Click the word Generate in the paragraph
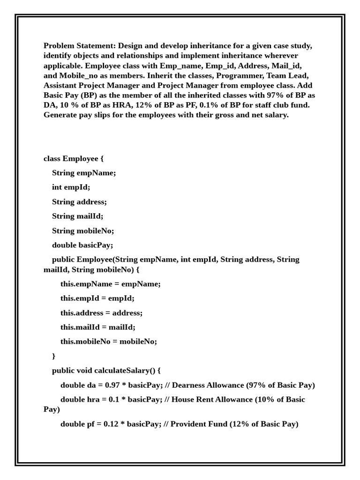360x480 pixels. click(60, 115)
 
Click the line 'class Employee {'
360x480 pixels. click(74, 158)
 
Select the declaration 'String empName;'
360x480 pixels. click(84, 173)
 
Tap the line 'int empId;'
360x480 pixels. click(71, 187)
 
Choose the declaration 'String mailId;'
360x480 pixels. click(77, 216)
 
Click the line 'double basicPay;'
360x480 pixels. click(82, 245)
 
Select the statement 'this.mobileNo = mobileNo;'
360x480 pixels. click(109, 341)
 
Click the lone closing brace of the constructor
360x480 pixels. click(54, 356)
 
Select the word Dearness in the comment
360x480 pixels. click(188, 385)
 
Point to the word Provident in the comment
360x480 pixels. click(188, 424)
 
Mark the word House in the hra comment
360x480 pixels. click(184, 399)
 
